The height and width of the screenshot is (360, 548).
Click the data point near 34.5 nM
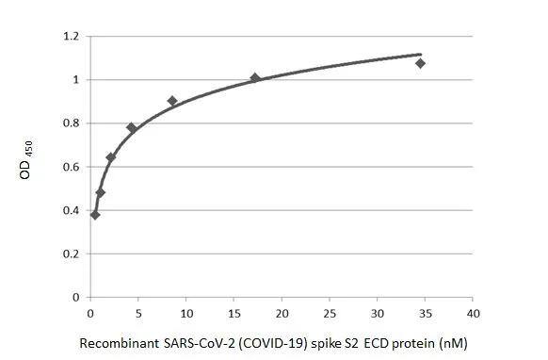(420, 63)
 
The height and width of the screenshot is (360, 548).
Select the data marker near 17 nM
(255, 78)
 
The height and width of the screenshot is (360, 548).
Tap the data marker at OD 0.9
(172, 101)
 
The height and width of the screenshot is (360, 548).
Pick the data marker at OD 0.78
(132, 127)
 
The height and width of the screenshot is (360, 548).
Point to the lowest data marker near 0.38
(95, 215)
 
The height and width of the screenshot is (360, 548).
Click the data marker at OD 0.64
(111, 157)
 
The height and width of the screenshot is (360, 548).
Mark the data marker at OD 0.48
(101, 192)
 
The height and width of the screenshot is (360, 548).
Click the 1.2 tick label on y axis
(70, 37)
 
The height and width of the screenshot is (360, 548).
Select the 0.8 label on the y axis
(70, 123)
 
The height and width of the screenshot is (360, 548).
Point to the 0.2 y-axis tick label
(70, 254)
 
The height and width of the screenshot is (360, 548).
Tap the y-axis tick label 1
(75, 80)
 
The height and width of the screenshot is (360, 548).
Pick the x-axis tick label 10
(185, 312)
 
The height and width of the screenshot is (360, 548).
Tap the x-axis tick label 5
(137, 312)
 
